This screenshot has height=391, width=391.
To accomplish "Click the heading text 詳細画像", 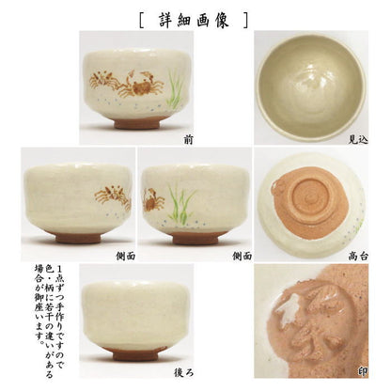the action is [x=194, y=21].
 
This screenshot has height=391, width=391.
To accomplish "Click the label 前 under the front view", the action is [x=188, y=140].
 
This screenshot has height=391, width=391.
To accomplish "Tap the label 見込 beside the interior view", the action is [x=358, y=139].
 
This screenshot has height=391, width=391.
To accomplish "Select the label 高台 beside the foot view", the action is [x=358, y=257].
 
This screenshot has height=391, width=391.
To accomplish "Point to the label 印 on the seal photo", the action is [x=363, y=372].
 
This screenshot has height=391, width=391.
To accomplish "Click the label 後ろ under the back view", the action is [x=183, y=372].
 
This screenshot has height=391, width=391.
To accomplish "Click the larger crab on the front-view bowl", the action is [x=141, y=84].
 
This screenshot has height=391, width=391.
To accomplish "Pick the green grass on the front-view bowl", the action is [x=174, y=88].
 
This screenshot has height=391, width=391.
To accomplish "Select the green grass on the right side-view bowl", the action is [x=180, y=204].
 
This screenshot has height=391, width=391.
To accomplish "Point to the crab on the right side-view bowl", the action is [x=152, y=200].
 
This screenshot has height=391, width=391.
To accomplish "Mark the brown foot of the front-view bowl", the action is [x=137, y=122].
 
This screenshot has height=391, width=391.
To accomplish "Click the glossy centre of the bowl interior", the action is [x=311, y=84].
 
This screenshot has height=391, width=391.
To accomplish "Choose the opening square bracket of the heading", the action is [x=141, y=21].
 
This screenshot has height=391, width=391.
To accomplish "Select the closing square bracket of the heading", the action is [x=245, y=21].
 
